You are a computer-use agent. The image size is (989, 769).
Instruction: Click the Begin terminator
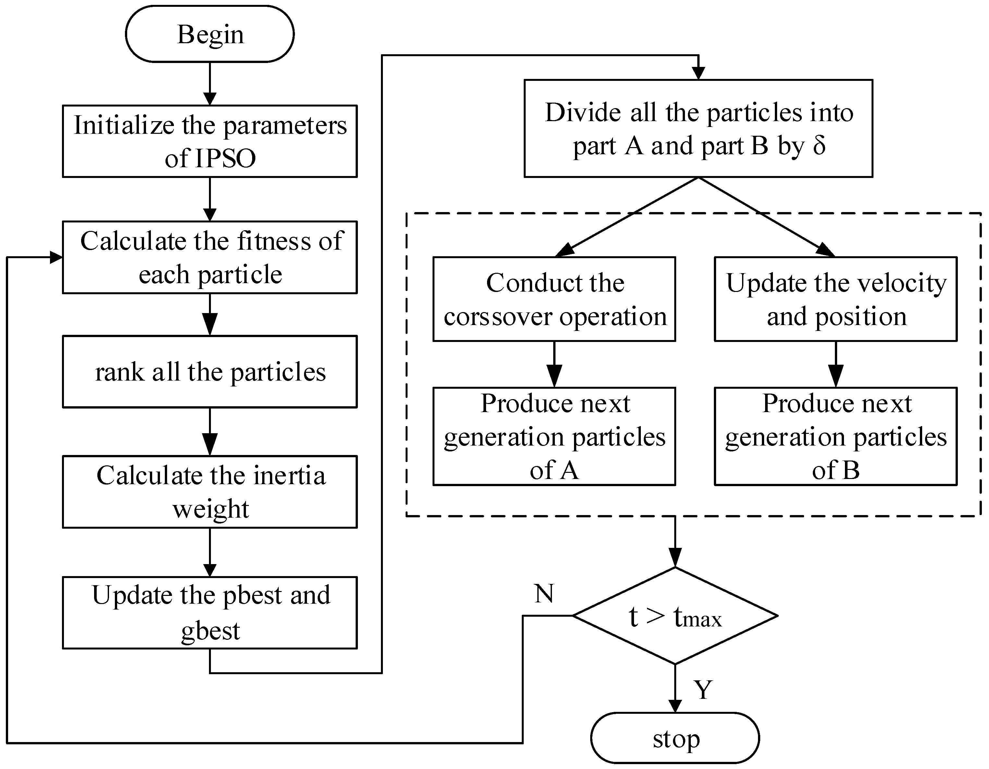click(210, 34)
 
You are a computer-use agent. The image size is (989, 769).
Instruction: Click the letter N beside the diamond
click(544, 593)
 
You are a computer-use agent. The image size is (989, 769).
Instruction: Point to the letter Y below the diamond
click(703, 690)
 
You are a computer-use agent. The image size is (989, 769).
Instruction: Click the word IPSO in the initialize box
click(226, 158)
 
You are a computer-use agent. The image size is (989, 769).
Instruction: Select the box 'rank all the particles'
click(210, 372)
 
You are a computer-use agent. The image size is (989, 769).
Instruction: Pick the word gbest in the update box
click(210, 630)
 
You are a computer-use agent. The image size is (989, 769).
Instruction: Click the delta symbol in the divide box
click(819, 146)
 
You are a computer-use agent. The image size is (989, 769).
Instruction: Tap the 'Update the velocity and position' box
click(836, 299)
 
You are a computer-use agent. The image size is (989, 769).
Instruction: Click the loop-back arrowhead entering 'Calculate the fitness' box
click(56, 258)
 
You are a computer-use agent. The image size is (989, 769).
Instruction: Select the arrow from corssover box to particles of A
click(554, 364)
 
